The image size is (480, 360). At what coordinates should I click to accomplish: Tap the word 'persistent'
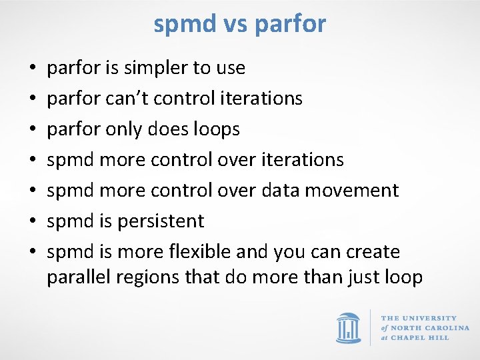(x=161, y=221)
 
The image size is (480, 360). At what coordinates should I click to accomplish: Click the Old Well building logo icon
(x=349, y=327)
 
